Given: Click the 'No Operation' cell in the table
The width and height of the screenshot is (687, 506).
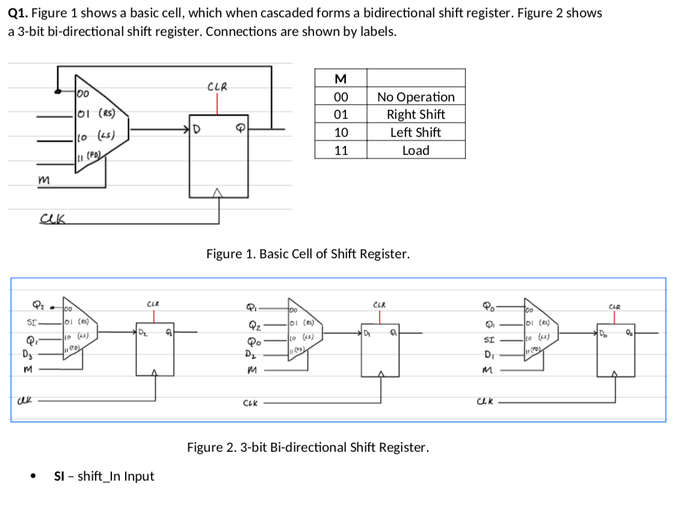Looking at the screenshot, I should coord(416,97).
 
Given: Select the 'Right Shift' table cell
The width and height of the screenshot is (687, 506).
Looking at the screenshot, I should coord(416,114).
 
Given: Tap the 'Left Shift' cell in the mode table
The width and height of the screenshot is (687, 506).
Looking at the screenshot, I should coord(416,132).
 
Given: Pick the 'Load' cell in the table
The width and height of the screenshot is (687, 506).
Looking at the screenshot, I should coord(416,150).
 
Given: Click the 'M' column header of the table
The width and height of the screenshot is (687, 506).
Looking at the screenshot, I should coord(340,79).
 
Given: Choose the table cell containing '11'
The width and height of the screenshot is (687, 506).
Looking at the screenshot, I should coord(340,150).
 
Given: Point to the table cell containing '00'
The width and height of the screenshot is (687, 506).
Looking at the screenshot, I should coord(340,97).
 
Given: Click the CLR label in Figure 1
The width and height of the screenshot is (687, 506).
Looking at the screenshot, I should coord(217,87).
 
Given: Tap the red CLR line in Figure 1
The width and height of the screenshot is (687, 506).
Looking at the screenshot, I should coord(217,103).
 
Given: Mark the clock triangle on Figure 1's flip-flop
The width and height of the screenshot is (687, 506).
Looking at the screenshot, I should coord(219,193).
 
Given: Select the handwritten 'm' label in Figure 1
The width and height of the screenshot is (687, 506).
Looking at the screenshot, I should coord(43,179).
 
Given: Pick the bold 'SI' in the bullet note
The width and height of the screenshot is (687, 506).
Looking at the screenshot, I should coord(59,476).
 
